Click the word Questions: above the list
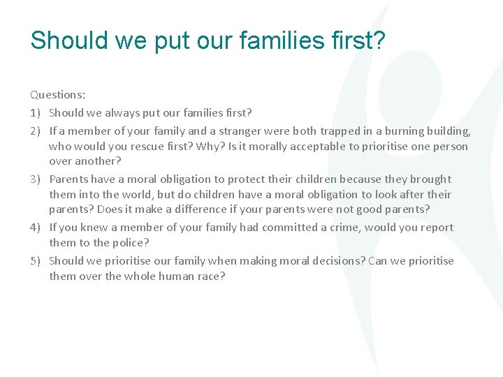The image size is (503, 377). [x=57, y=94]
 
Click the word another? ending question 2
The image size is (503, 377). [x=96, y=161]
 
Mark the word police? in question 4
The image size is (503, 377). [x=131, y=242]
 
